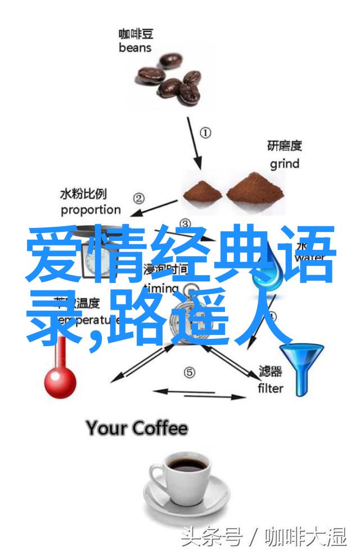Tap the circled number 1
(206, 133)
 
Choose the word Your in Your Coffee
(107, 429)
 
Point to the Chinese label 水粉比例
(83, 194)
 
